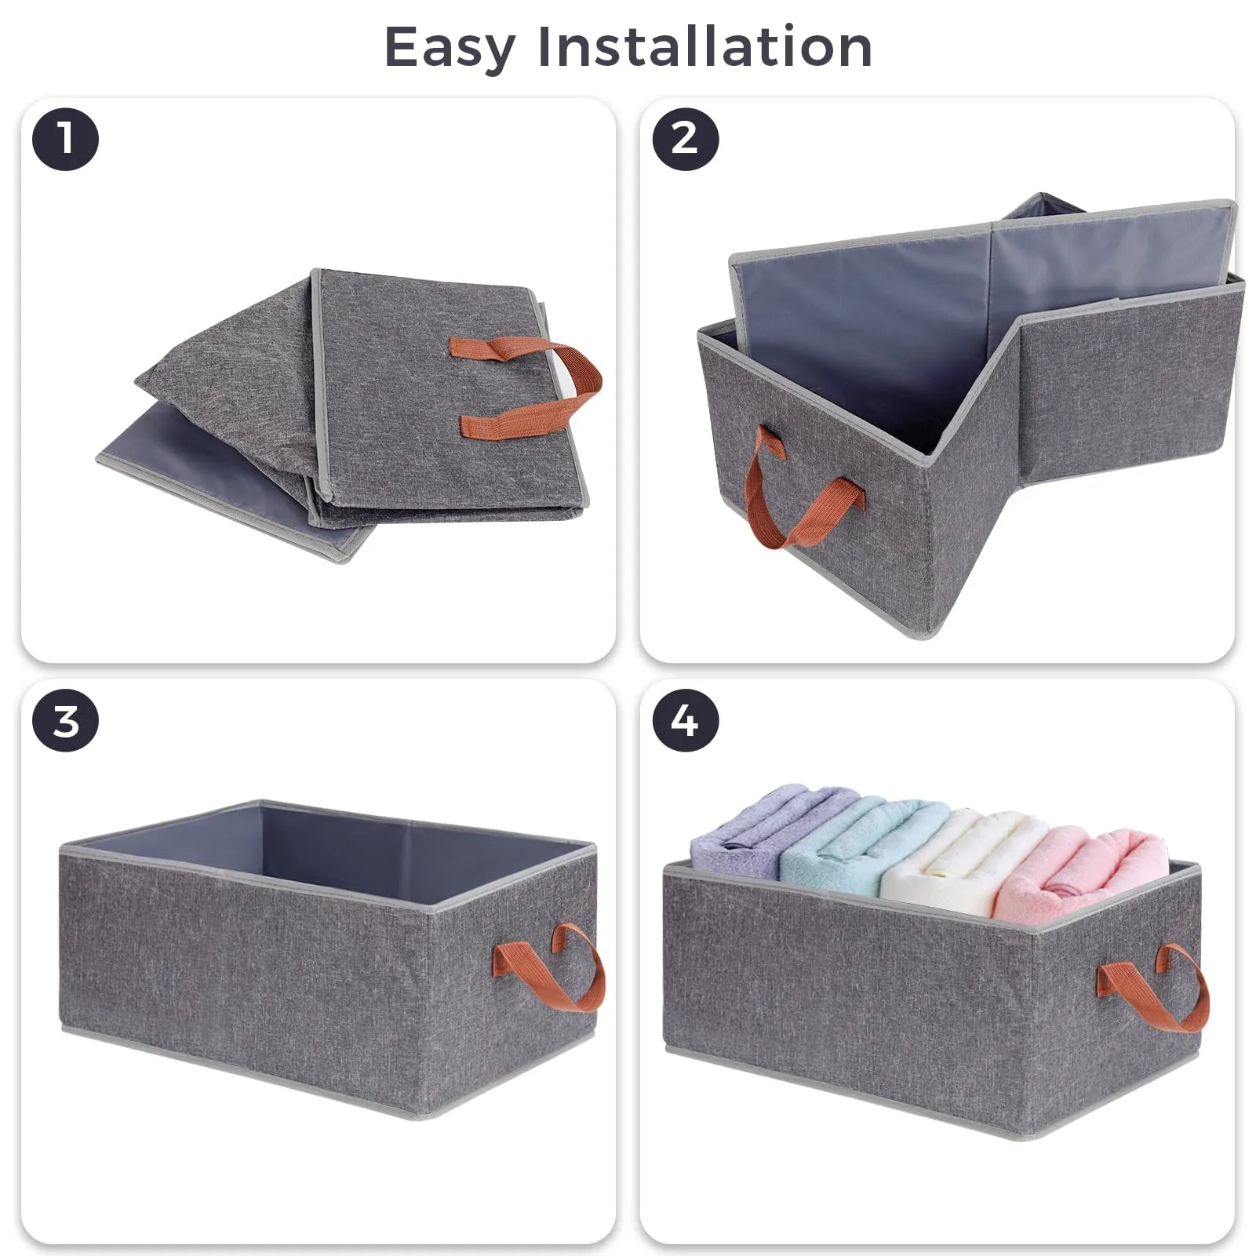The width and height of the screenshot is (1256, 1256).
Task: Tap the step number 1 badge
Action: (x=65, y=140)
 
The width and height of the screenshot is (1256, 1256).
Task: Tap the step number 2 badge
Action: (x=685, y=140)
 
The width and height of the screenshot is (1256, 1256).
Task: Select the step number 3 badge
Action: (x=65, y=721)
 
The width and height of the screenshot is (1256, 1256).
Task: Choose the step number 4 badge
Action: (x=685, y=721)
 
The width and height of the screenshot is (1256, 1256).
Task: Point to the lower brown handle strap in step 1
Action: (x=518, y=420)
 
